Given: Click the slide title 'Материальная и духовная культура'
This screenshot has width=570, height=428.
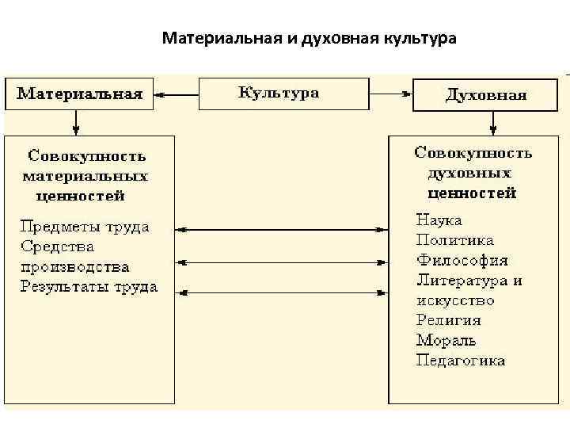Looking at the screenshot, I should tap(309, 38).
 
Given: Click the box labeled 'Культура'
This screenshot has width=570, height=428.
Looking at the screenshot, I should tap(283, 94).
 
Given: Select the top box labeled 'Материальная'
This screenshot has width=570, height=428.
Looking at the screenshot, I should tap(80, 94).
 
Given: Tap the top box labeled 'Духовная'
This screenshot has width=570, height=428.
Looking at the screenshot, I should tap(486, 95).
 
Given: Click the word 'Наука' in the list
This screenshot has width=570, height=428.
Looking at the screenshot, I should tap(439, 220).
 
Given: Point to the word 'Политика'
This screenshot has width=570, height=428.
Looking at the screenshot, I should tap(454, 240).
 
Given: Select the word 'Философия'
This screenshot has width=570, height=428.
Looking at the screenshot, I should tap(462, 260).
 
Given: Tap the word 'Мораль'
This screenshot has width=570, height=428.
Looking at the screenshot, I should tap(446, 341).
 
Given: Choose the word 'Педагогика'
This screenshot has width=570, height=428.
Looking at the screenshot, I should tap(461, 361).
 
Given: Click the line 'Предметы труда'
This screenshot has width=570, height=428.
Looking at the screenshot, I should tap(85, 227).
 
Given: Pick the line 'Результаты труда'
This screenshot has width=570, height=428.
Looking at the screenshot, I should tap(89, 287).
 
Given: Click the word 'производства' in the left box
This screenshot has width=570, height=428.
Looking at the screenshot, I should tap(75, 267).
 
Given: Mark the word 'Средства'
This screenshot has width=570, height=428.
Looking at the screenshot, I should tap(58, 246).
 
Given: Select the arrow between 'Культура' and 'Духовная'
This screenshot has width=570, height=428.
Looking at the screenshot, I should tap(391, 94).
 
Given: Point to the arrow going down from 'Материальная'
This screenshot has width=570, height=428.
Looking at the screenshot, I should tap(76, 121).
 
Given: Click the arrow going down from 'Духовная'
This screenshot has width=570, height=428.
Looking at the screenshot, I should tap(492, 121).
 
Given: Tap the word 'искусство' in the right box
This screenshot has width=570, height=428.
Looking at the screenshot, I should tap(455, 300).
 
